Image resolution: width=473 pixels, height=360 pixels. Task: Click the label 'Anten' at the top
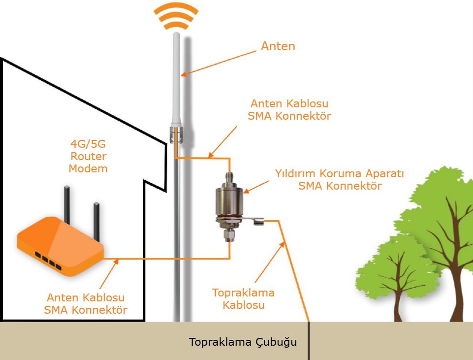coord(278,46)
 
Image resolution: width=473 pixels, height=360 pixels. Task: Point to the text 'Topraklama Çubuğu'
coord(243,342)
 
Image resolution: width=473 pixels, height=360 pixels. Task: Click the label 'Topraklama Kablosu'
coord(243,298)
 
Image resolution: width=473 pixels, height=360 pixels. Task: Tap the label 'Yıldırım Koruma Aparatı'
coord(340,174)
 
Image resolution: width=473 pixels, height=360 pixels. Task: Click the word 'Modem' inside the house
coord(88,168)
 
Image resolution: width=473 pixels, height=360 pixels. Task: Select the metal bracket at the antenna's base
coord(176,134)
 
